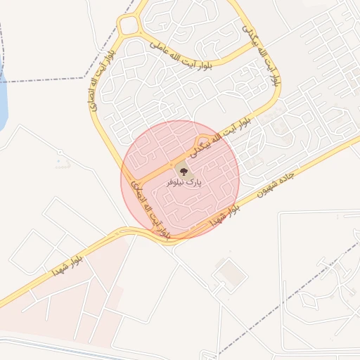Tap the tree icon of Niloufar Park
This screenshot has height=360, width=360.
[181, 169]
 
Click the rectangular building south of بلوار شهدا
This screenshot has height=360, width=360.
[228, 271]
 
